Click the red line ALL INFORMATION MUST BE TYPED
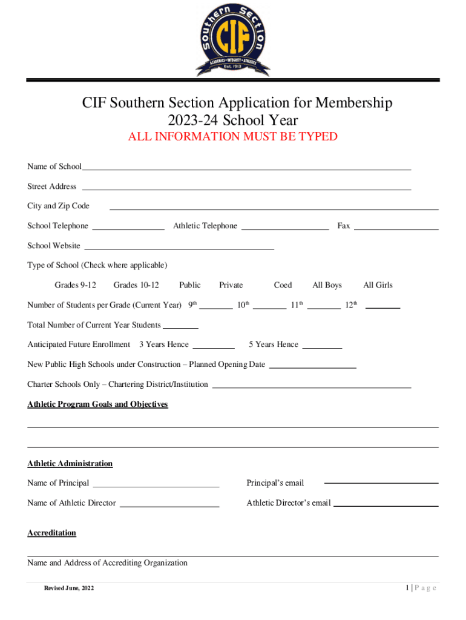pyautogui.click(x=233, y=137)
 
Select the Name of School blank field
pyautogui.click(x=246, y=168)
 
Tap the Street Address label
pyautogui.click(x=52, y=186)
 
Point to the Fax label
pyautogui.click(x=344, y=226)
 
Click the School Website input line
pyautogui.click(x=179, y=248)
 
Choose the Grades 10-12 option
pyautogui.click(x=136, y=285)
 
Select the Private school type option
pyautogui.click(x=231, y=285)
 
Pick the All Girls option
pyautogui.click(x=378, y=285)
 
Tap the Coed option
pyautogui.click(x=283, y=285)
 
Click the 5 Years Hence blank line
pyautogui.click(x=322, y=347)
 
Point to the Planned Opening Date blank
pyautogui.click(x=312, y=367)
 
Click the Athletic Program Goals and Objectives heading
pyautogui.click(x=97, y=404)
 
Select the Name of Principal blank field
pyautogui.click(x=156, y=485)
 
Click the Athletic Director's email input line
pyautogui.click(x=386, y=505)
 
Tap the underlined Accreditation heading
pyautogui.click(x=52, y=533)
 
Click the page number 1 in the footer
pyautogui.click(x=408, y=588)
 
